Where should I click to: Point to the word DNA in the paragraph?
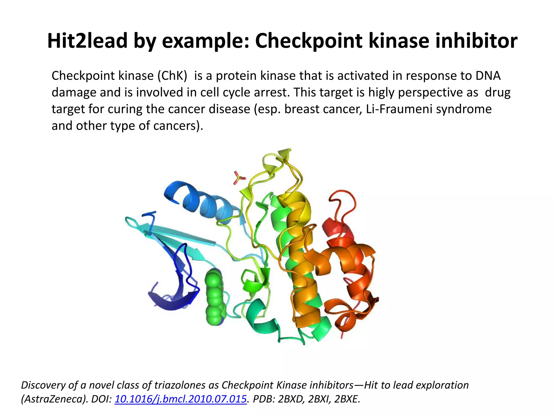tap(488, 76)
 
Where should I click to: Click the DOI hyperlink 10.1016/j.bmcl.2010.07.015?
tap(181, 399)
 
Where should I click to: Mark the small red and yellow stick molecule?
tap(239, 178)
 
